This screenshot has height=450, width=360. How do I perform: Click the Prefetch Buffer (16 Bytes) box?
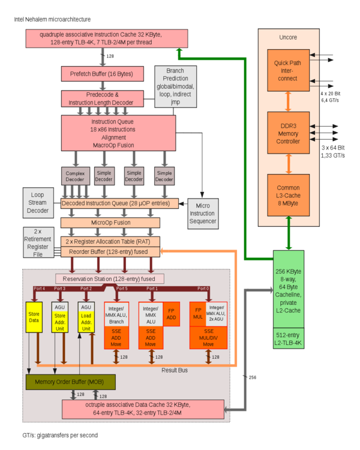[x=103, y=74]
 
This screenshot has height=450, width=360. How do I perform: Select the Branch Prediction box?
[x=175, y=86]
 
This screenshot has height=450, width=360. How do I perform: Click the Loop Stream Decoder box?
[x=38, y=202]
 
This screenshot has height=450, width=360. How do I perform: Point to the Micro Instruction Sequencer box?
[x=203, y=214]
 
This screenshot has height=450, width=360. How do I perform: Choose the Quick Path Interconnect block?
[x=288, y=70]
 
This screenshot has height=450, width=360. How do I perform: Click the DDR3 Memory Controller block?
[x=288, y=133]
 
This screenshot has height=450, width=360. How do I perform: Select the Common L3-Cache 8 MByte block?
[x=288, y=196]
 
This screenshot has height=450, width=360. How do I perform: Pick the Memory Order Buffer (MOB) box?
[x=70, y=382]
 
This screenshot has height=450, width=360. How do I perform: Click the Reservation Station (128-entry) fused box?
[x=110, y=279]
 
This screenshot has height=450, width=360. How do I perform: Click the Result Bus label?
[x=175, y=370]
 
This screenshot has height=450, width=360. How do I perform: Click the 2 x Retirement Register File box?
[x=38, y=242]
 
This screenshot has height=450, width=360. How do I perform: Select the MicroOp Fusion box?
[x=110, y=223]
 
